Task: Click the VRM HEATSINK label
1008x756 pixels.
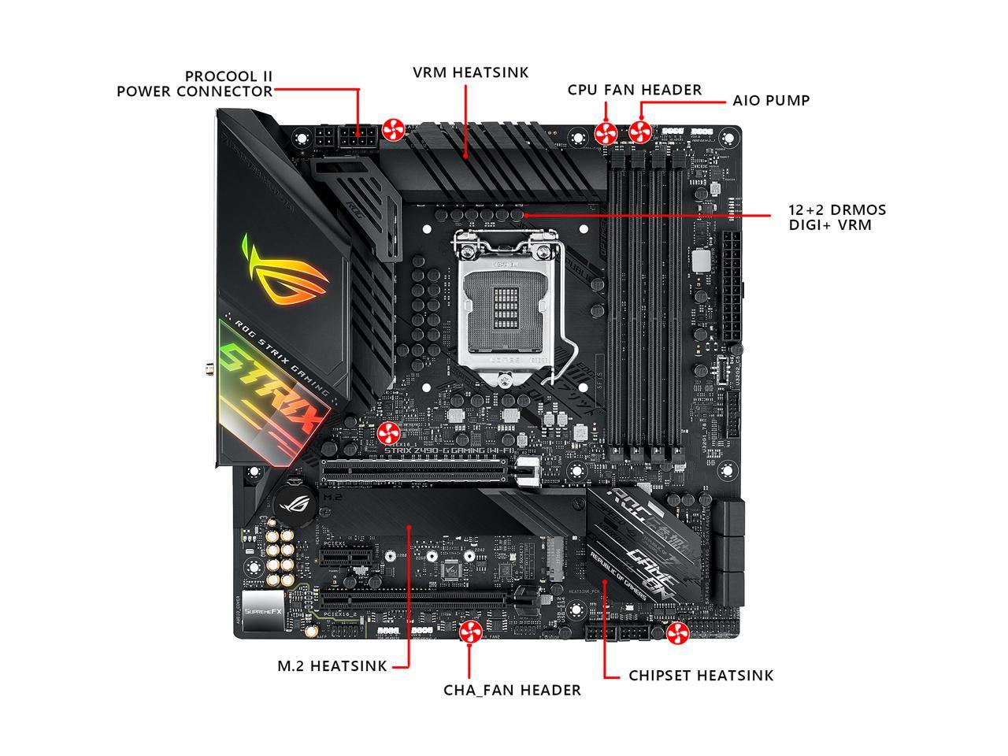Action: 471,72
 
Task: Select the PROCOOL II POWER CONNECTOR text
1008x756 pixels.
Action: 195,83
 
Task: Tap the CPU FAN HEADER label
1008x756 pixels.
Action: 634,90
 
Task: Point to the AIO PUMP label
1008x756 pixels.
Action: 771,101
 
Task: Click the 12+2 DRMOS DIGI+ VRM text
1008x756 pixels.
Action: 837,217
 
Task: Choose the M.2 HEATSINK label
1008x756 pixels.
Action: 332,665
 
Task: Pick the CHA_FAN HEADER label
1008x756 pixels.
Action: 512,690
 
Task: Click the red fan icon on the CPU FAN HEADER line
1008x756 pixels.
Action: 606,132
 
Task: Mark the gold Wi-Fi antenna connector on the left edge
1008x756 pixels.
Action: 210,367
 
